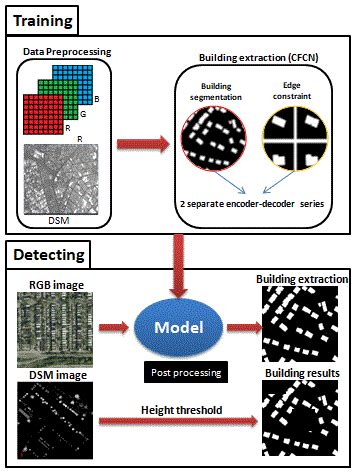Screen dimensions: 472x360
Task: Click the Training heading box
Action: click(47, 19)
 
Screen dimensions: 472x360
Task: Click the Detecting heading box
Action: click(51, 255)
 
